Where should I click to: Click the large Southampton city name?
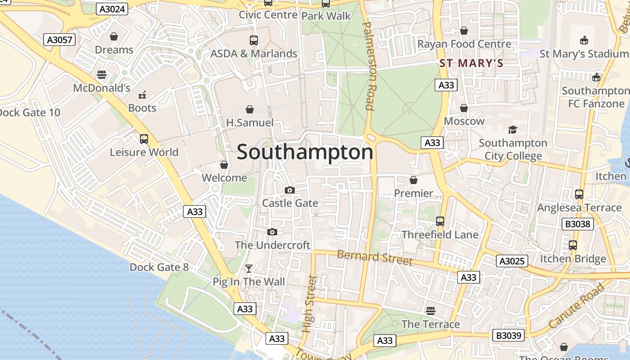305,152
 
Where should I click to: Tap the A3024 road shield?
112,9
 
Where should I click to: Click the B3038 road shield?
578,224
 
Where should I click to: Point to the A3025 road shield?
512,261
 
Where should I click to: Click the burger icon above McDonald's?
102,75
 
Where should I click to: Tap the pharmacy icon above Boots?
142,94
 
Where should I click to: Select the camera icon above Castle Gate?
290,190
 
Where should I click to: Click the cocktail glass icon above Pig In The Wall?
248,269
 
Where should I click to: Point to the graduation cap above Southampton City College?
513,130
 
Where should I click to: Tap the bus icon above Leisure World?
144,139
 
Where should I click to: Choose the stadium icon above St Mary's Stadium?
584,40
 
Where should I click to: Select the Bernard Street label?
374,257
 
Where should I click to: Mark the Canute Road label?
576,306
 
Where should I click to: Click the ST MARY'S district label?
471,63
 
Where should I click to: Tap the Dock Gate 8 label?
159,267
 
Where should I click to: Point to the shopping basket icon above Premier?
413,180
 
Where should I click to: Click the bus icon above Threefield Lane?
440,221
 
